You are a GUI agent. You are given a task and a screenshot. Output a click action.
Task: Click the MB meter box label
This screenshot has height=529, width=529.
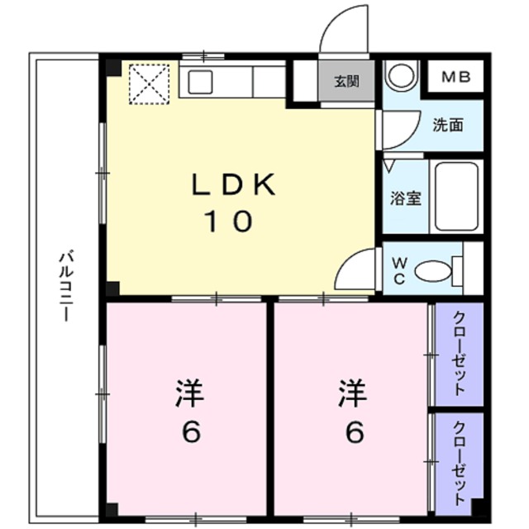pyautogui.click(x=456, y=77)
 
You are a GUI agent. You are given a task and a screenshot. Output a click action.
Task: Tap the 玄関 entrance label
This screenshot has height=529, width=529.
pyautogui.click(x=346, y=81)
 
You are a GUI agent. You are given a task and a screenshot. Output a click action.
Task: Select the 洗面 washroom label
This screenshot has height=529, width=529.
pyautogui.click(x=448, y=125)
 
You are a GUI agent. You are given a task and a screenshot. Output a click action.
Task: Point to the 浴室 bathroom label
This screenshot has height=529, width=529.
pyautogui.click(x=406, y=198)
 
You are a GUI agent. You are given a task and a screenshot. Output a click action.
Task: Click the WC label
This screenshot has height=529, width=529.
pyautogui.click(x=399, y=270)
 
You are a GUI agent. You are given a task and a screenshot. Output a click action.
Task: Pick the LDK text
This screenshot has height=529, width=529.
pyautogui.click(x=233, y=184)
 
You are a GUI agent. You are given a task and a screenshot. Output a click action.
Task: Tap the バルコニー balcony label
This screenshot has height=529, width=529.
pyautogui.click(x=66, y=285)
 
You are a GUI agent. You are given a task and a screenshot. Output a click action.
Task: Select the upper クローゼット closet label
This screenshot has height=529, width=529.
pyautogui.click(x=460, y=353)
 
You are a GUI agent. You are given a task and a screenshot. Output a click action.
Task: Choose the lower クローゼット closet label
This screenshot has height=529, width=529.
pyautogui.click(x=460, y=463)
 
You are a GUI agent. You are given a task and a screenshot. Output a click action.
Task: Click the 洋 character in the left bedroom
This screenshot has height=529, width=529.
pyautogui.click(x=190, y=393)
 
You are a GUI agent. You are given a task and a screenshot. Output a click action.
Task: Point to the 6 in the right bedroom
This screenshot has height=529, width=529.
pyautogui.click(x=355, y=432)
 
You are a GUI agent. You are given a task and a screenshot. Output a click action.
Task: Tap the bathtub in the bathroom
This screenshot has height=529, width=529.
pyautogui.click(x=456, y=197)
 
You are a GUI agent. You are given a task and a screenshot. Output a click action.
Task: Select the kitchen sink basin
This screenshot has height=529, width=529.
pyautogui.click(x=200, y=82)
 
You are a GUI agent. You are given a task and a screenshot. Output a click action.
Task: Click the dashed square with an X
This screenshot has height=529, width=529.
pyautogui.click(x=149, y=84)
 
